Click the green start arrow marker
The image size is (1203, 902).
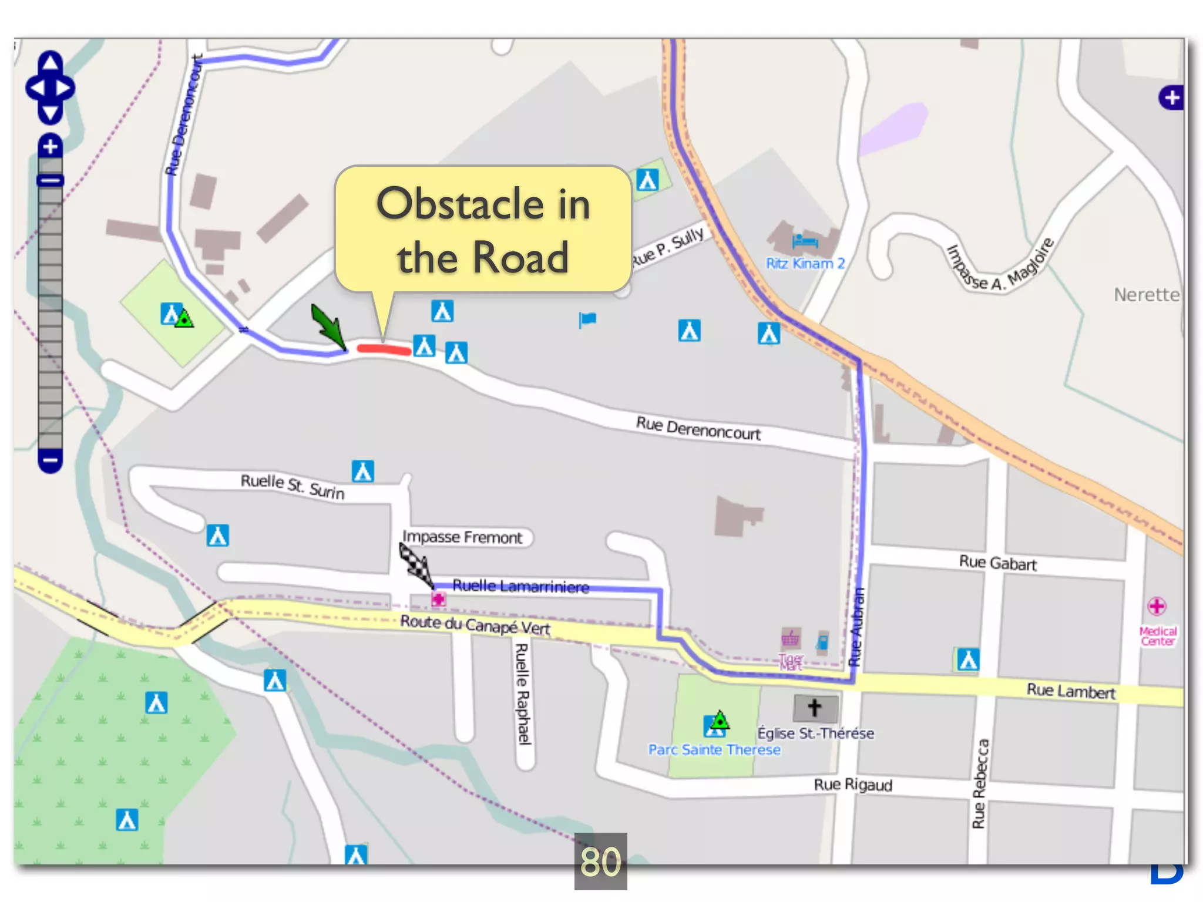click(x=329, y=327)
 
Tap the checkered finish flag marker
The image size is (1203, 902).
click(x=416, y=565)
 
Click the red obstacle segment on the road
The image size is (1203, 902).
click(x=384, y=349)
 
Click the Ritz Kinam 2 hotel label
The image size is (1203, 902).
click(x=805, y=264)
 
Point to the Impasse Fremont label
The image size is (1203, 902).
click(x=462, y=537)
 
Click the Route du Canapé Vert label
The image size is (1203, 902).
click(x=475, y=625)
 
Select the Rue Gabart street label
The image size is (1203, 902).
click(x=997, y=563)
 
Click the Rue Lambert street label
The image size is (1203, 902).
click(x=1070, y=691)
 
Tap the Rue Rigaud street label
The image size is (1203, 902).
click(x=852, y=785)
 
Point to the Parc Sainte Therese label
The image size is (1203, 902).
click(x=714, y=750)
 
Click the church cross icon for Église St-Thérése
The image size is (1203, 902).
click(x=815, y=708)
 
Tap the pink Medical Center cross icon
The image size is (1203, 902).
click(x=1157, y=606)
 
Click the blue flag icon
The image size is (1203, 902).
click(x=587, y=320)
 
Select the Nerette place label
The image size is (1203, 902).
click(x=1146, y=295)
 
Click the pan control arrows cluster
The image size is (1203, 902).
click(x=51, y=88)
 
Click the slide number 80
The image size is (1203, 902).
click(x=600, y=861)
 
